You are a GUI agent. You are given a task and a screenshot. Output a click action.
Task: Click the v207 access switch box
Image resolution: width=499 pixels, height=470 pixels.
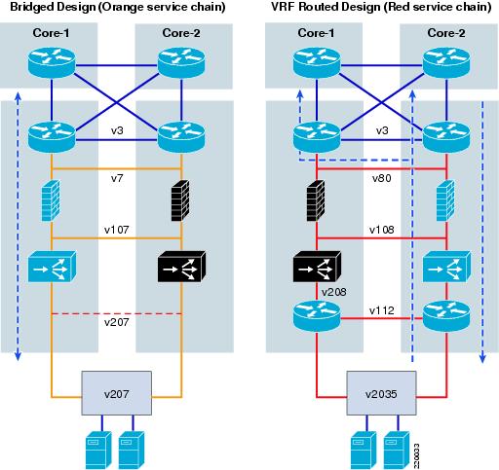coord(116,393)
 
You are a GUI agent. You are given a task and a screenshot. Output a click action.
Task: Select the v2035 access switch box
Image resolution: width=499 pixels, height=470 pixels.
coord(381,393)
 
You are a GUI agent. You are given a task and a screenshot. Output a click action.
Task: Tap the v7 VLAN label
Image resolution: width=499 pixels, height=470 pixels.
coord(117,178)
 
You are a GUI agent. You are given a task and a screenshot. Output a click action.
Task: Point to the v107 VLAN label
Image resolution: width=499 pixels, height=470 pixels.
coord(117,230)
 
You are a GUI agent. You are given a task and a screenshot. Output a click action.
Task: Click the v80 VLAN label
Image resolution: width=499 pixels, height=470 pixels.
coord(382,178)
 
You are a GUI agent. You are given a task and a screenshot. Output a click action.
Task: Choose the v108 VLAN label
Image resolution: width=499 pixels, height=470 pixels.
coord(382,230)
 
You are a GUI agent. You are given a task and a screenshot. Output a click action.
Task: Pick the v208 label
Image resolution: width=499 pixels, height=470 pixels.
coord(334,292)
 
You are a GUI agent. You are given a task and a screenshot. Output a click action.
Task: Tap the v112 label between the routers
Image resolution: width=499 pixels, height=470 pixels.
coord(382,310)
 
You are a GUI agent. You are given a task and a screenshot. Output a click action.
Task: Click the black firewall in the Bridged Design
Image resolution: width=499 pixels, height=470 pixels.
coord(180,200)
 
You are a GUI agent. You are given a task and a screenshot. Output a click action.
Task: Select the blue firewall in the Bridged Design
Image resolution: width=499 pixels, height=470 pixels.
coord(51,200)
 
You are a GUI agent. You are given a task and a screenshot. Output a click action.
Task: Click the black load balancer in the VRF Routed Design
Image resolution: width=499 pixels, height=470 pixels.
coord(317,267)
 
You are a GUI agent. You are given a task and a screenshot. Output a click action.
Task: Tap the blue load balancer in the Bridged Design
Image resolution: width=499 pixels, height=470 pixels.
coord(52,267)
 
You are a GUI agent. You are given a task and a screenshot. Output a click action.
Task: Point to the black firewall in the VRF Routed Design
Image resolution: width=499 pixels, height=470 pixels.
coord(316,200)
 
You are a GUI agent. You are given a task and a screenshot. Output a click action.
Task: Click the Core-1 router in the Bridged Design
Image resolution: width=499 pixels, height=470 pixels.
coord(52,62)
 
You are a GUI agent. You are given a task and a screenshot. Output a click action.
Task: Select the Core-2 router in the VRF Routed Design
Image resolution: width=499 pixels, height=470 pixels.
coord(446,62)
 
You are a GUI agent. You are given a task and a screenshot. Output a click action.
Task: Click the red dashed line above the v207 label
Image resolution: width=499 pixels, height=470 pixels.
coord(117,313)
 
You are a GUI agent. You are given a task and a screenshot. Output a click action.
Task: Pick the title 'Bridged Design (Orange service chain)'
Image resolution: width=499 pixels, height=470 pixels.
coord(118,7)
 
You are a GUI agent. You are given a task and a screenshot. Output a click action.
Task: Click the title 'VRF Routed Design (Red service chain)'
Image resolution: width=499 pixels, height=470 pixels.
coord(381,7)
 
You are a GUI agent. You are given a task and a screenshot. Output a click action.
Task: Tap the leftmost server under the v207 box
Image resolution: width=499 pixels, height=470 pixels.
coord(98,451)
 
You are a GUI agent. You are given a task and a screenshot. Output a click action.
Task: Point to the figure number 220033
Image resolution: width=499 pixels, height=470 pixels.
coord(416,455)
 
